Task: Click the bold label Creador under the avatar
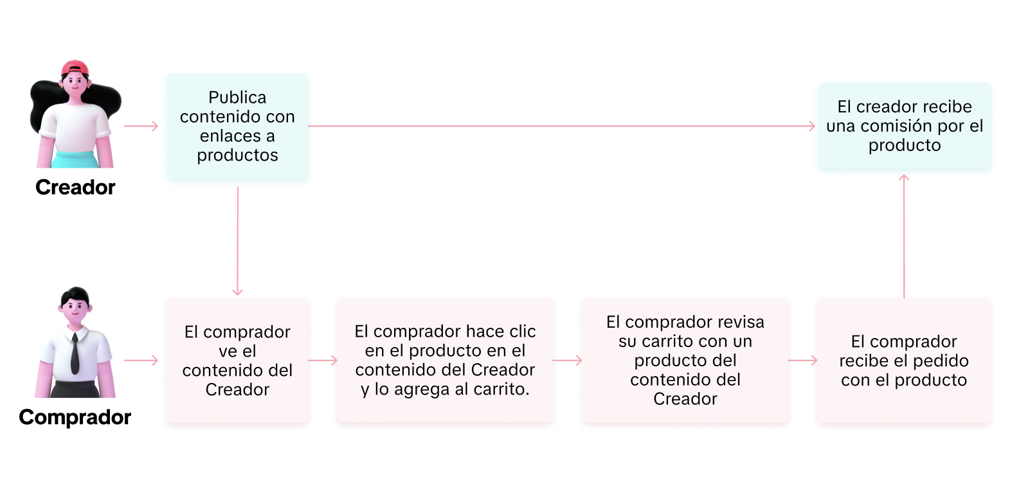click(x=75, y=187)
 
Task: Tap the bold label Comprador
click(x=75, y=417)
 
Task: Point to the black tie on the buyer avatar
click(x=75, y=353)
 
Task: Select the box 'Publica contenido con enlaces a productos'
click(x=237, y=126)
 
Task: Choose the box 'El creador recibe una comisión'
click(x=905, y=126)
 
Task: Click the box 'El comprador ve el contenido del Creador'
click(x=237, y=361)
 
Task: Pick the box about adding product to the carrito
click(x=446, y=361)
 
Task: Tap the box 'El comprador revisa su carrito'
click(x=685, y=361)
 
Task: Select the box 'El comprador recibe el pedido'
click(x=905, y=361)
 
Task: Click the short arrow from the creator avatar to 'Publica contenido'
click(x=141, y=126)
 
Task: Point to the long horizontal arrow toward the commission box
click(x=562, y=126)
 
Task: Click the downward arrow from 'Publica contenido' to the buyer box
click(x=237, y=241)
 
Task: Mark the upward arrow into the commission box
click(x=904, y=236)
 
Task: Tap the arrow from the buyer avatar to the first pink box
click(x=141, y=361)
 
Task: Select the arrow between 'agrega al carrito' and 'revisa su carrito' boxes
click(x=568, y=361)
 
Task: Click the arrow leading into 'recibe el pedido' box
click(x=803, y=361)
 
